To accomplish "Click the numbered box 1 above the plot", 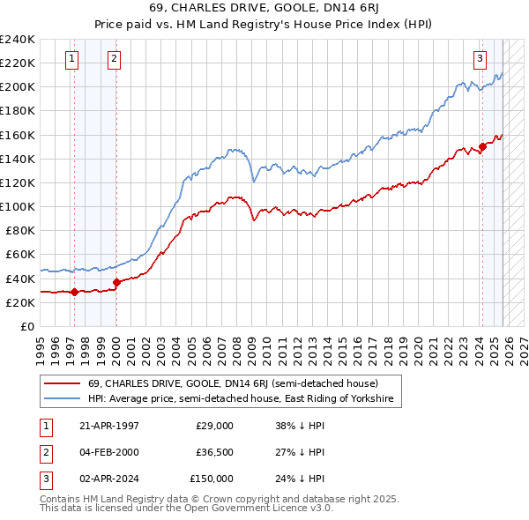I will pos(72,59).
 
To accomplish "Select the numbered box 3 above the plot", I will pos(480,59).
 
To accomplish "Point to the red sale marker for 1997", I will pos(75,292).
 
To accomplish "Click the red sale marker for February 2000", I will pos(117,282).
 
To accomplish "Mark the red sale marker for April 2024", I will pos(482,146).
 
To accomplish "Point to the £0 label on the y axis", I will pos(26,326).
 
